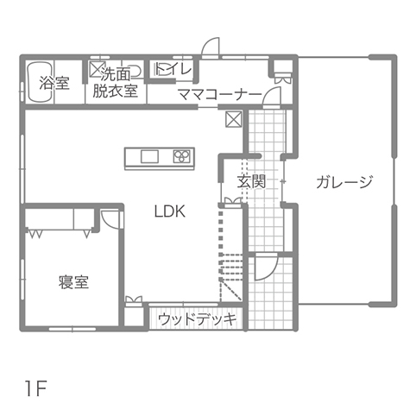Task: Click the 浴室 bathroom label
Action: coord(54,83)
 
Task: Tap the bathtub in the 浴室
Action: coord(40,82)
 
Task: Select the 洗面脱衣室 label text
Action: coord(116,83)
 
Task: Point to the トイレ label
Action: coord(173,69)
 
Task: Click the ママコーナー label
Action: coord(220,94)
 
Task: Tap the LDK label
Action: coord(170,211)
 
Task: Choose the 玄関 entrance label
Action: coord(251,181)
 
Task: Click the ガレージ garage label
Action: coord(344,181)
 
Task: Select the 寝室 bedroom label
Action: coord(73,282)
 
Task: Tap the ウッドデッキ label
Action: coord(198,319)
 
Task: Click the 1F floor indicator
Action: coord(35,388)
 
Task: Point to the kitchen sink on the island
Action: coord(149,156)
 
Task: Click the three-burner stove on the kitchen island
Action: coord(182,156)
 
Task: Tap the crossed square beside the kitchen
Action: coord(234,119)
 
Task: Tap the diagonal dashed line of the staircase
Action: coord(230,290)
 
